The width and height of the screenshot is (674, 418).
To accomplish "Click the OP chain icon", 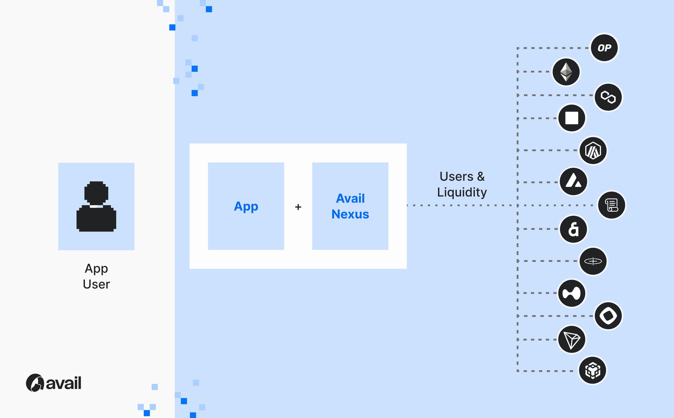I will click(604, 48).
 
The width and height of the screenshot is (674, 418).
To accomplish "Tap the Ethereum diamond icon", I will click(566, 72).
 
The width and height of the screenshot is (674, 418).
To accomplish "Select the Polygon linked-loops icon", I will click(608, 97).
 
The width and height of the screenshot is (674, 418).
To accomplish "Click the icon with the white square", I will click(572, 118).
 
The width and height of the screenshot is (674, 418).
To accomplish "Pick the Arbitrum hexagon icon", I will click(593, 150).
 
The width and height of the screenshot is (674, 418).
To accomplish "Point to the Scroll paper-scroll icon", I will click(611, 205).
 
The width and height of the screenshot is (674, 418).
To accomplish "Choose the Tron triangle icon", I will click(572, 339).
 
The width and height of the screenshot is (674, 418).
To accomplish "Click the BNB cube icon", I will click(592, 370).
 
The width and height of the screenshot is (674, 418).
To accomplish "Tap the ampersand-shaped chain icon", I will click(573, 229).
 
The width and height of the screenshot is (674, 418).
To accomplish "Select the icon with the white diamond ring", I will click(608, 316).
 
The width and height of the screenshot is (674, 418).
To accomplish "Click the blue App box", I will click(246, 206).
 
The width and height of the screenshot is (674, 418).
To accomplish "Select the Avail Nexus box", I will click(350, 206).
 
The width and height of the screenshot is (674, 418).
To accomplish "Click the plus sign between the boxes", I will click(298, 207).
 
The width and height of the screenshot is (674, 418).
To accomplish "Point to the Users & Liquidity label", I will click(462, 184).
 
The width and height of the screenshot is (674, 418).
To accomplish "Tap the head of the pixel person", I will click(96, 192).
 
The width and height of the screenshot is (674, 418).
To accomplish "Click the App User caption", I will click(96, 276).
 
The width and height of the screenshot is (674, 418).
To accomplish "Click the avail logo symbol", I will click(35, 383).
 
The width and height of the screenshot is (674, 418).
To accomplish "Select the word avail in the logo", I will click(63, 383).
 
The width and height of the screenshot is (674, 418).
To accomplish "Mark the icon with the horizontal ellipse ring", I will click(593, 261).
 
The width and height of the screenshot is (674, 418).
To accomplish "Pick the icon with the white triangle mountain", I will click(573, 182).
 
